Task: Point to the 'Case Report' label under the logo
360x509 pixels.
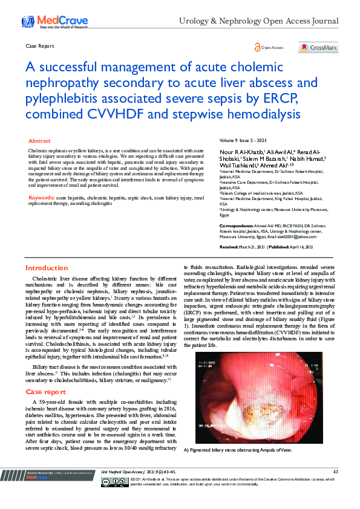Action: tap(40, 46)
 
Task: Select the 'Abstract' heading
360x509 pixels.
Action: tap(40, 140)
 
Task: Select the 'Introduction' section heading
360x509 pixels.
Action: tap(47, 268)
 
